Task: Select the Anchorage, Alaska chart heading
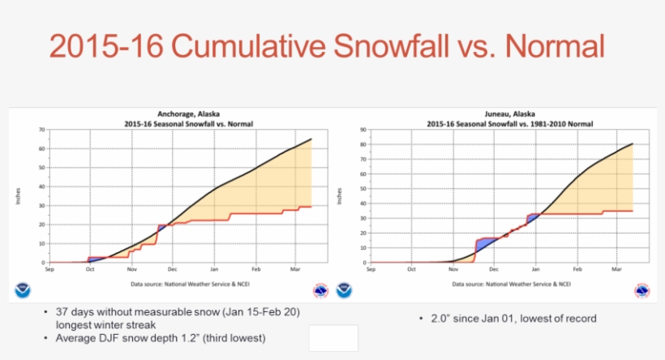[189, 114]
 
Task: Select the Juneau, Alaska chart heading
[500, 114]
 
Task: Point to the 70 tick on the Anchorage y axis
[41, 130]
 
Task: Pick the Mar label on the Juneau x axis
[616, 268]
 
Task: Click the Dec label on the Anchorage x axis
[173, 268]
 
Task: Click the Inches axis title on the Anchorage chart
[18, 196]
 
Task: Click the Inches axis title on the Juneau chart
[340, 196]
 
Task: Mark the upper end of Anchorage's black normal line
[311, 139]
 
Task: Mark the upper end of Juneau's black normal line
[632, 144]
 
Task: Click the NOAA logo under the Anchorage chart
[23, 289]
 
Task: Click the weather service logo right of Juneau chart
[641, 289]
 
